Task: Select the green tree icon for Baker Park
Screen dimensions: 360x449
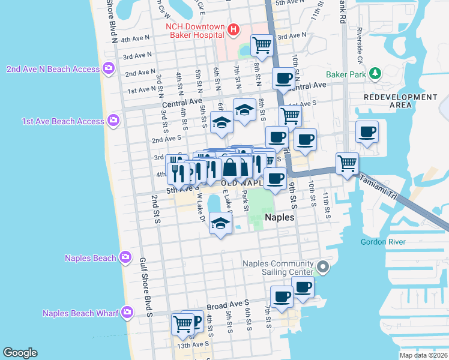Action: (375, 73)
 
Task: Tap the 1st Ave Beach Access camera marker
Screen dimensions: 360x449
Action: (113, 121)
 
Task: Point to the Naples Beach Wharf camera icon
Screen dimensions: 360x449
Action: (127, 312)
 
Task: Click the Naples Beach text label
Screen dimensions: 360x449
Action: (90, 258)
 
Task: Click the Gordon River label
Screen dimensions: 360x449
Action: (383, 242)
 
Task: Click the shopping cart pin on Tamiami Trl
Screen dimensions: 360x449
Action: (347, 163)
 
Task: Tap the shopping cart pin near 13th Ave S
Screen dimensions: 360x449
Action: (182, 324)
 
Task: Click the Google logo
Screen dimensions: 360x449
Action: (20, 353)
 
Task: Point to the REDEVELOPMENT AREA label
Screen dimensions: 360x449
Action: (388, 101)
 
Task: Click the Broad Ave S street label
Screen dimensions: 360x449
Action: (228, 304)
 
